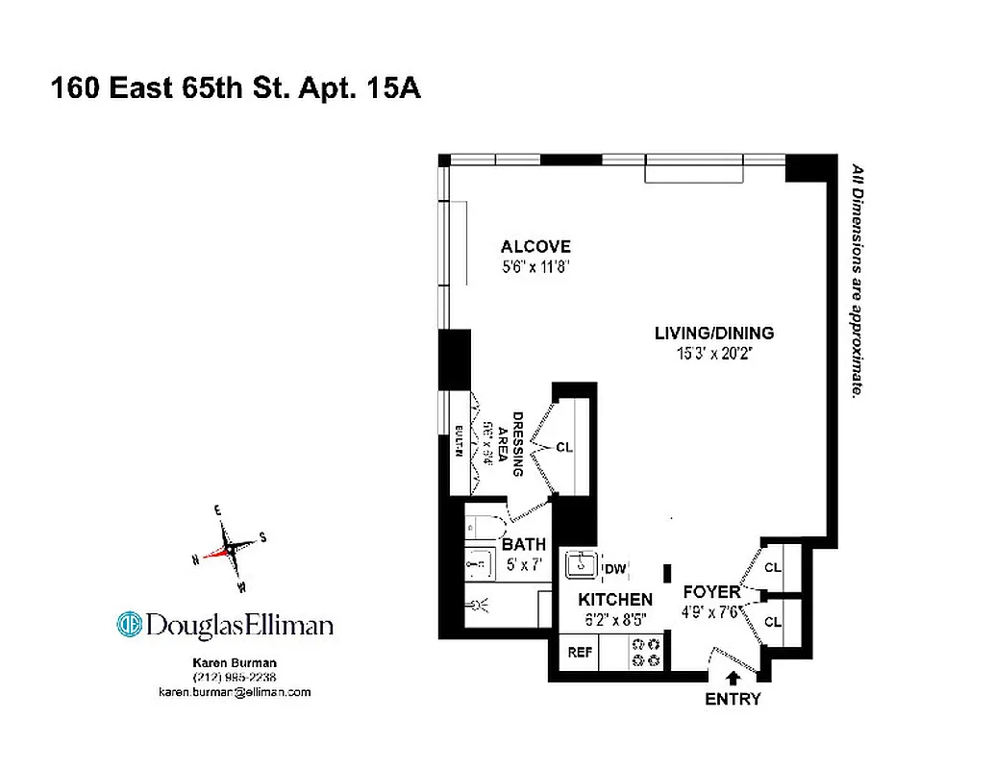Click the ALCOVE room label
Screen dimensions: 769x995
[x=535, y=247]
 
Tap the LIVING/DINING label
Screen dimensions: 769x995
[x=713, y=334]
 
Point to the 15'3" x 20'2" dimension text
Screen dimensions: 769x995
[x=713, y=354]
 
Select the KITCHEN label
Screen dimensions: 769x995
[x=615, y=599]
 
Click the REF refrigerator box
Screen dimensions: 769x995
[x=580, y=652]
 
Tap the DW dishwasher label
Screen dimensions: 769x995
[x=615, y=569]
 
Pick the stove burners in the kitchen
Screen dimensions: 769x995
[x=646, y=653]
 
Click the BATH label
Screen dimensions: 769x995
[x=524, y=545]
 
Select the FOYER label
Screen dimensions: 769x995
[x=711, y=591]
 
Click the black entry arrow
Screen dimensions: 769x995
[x=734, y=679]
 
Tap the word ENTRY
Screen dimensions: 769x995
[x=733, y=699]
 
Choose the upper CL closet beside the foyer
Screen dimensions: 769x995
[x=773, y=567]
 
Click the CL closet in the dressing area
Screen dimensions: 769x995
[x=564, y=447]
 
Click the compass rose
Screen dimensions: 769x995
[x=231, y=549]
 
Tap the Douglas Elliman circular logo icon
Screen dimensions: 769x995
[x=130, y=625]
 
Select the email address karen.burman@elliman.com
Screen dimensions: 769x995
[x=235, y=692]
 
